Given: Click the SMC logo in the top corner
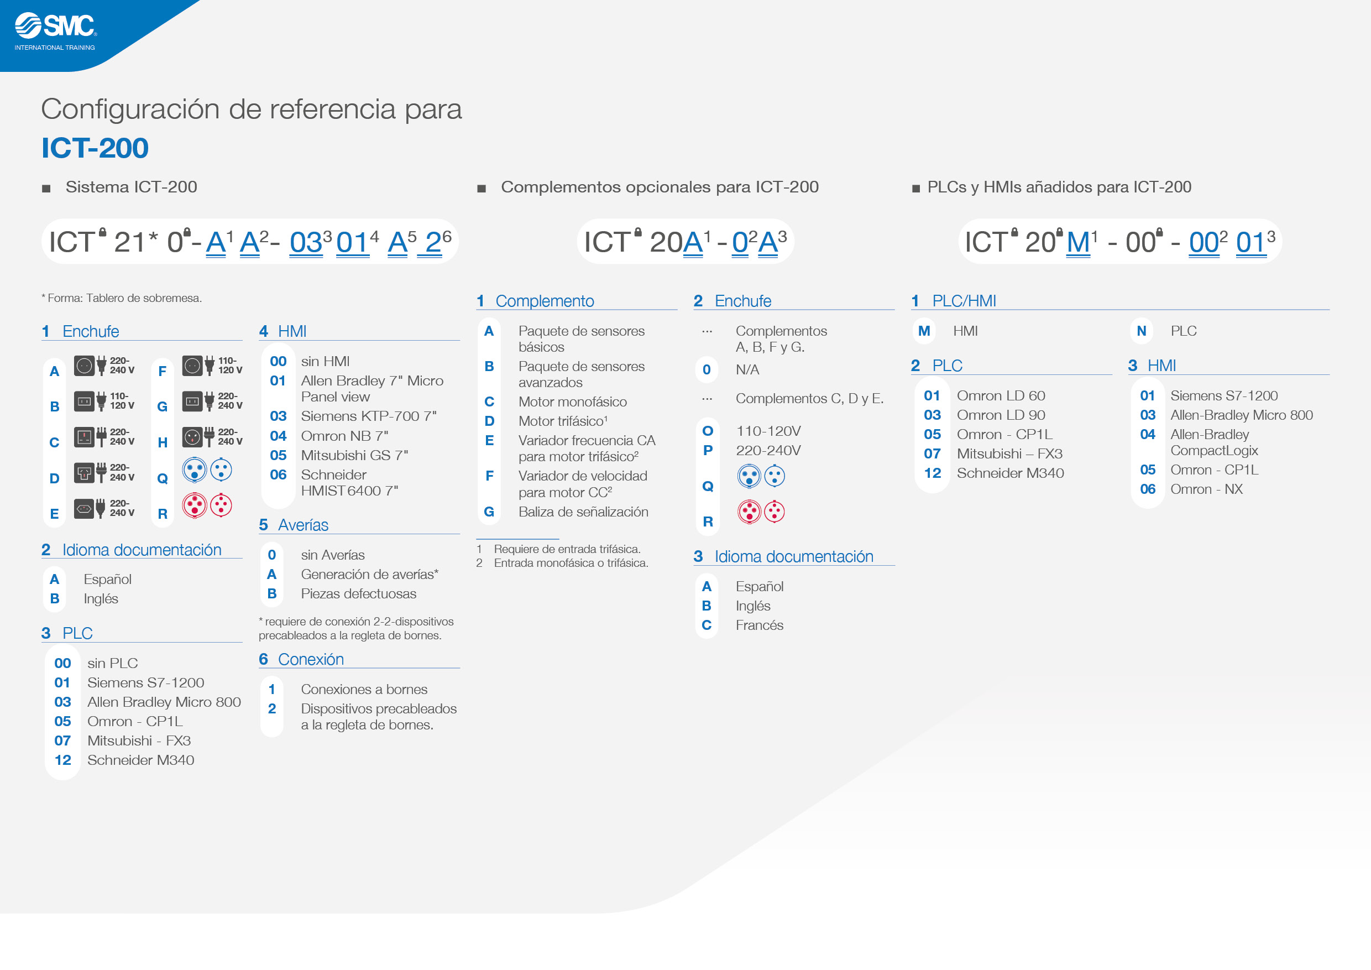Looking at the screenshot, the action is coord(55,31).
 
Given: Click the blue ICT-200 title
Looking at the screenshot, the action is coord(95,148).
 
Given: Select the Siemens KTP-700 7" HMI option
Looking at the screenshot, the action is coord(368,416).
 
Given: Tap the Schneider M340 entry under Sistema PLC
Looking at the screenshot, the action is coord(140,760).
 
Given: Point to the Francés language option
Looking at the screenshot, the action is coord(759,625).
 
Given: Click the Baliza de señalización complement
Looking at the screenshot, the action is coord(583,512).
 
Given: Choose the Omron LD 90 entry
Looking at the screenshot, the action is coord(1001,415).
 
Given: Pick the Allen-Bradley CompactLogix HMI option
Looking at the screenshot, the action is coord(1214,442).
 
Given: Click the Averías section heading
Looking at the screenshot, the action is coord(303,524).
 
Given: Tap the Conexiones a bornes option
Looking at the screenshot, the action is coord(364,689).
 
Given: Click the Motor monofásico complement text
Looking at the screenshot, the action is coord(572,401).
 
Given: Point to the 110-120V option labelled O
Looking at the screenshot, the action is coord(768,431).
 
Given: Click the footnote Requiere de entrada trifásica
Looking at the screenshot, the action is coord(567,549).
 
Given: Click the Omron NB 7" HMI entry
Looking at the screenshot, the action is coord(344,435).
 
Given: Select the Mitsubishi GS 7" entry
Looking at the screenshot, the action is coord(354,455).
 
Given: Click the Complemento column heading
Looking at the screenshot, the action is coord(544,300).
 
